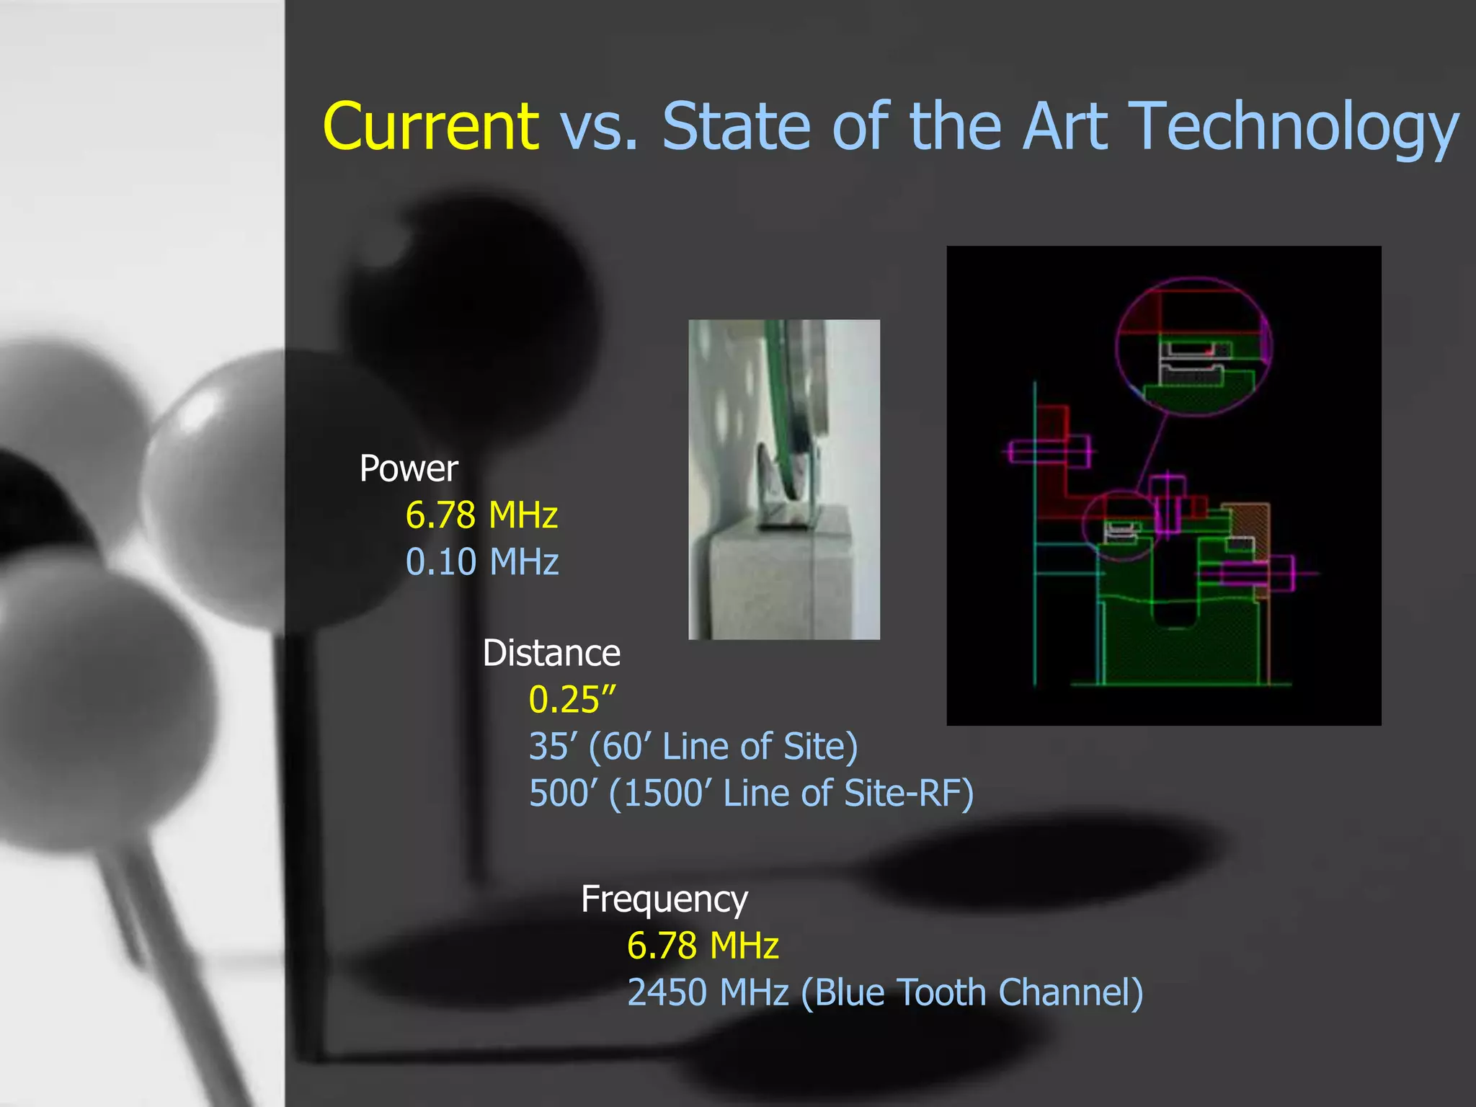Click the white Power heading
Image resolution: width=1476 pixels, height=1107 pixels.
pyautogui.click(x=409, y=468)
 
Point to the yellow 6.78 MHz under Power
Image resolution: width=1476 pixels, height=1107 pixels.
pyautogui.click(x=481, y=515)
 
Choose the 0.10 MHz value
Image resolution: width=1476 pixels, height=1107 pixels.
pyautogui.click(x=481, y=562)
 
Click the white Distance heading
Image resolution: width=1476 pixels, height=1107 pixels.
pyautogui.click(x=551, y=653)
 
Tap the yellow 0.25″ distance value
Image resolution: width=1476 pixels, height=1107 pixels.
pyautogui.click(x=572, y=700)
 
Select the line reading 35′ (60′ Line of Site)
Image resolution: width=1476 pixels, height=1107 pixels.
pyautogui.click(x=693, y=747)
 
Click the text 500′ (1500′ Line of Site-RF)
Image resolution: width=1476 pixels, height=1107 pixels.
pyautogui.click(x=751, y=793)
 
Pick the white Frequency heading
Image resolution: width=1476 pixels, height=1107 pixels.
pyautogui.click(x=664, y=899)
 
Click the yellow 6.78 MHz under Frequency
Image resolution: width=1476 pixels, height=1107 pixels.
pyautogui.click(x=703, y=946)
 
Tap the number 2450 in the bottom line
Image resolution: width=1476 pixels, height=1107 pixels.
pyautogui.click(x=667, y=992)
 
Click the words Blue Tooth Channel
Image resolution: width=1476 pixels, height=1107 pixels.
pyautogui.click(x=972, y=992)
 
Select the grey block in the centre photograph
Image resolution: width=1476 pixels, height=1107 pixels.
pyautogui.click(x=764, y=584)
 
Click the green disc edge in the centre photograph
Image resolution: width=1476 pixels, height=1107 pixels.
pyautogui.click(x=780, y=404)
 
